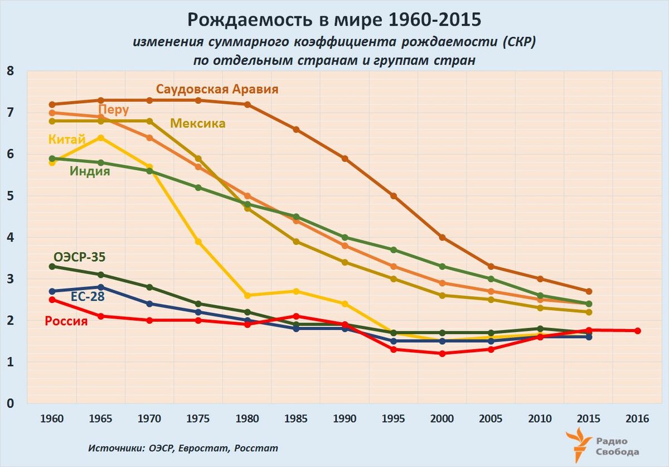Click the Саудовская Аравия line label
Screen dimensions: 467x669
[x=217, y=89]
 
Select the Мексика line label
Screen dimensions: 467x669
[x=198, y=123]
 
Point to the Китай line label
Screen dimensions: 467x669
[x=67, y=139]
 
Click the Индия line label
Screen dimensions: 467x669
[x=90, y=171]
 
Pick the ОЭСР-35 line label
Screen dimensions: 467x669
[x=80, y=257]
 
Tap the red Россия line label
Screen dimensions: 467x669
[x=66, y=321]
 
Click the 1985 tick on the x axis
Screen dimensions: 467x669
[x=296, y=419]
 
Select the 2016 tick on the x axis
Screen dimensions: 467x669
[x=637, y=419]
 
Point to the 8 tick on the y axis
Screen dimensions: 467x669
[x=10, y=71]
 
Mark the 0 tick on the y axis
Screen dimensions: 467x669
[x=10, y=403]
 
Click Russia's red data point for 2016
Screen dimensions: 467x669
[x=637, y=330]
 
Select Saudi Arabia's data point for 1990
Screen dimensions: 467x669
[x=345, y=158]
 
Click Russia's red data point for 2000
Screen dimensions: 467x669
[x=442, y=353]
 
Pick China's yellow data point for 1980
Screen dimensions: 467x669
[x=247, y=295]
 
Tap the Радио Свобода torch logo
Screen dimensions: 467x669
[x=578, y=444]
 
